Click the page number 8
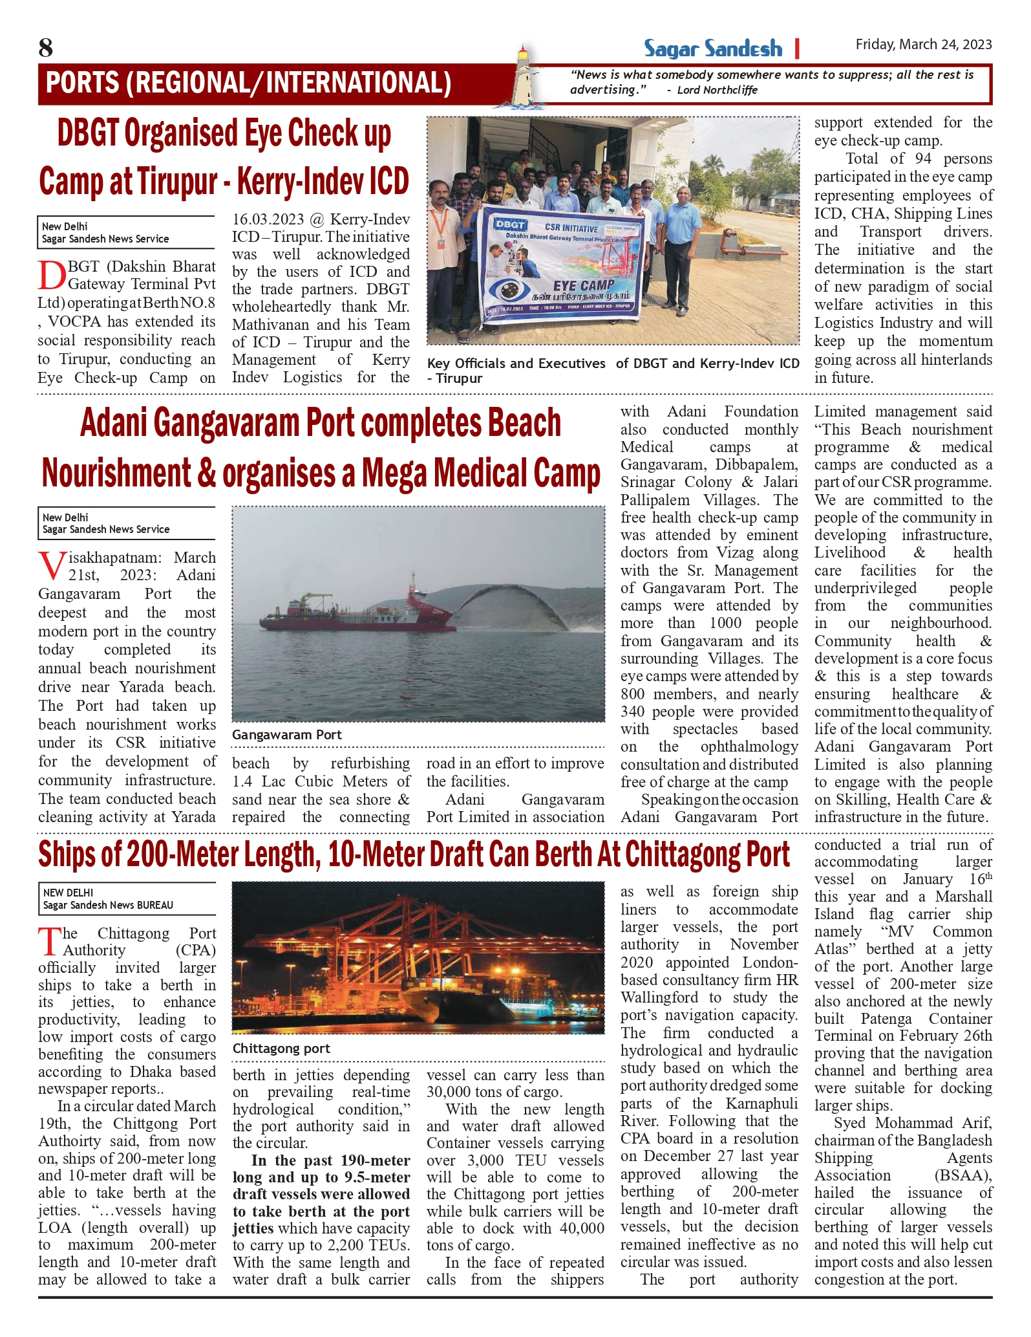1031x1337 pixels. coord(46,48)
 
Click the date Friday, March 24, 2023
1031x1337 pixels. coord(923,44)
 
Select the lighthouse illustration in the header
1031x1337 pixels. coord(527,77)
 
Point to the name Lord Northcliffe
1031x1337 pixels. coord(717,90)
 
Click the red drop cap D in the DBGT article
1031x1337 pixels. coord(52,275)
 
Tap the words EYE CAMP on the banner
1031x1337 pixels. coord(583,285)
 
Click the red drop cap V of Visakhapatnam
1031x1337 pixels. coord(52,566)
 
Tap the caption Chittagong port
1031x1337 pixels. coord(281,1049)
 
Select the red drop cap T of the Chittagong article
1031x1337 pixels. coord(50,941)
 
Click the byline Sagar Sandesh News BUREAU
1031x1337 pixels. coord(108,905)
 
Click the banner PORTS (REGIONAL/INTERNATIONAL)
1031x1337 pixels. coord(249,83)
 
